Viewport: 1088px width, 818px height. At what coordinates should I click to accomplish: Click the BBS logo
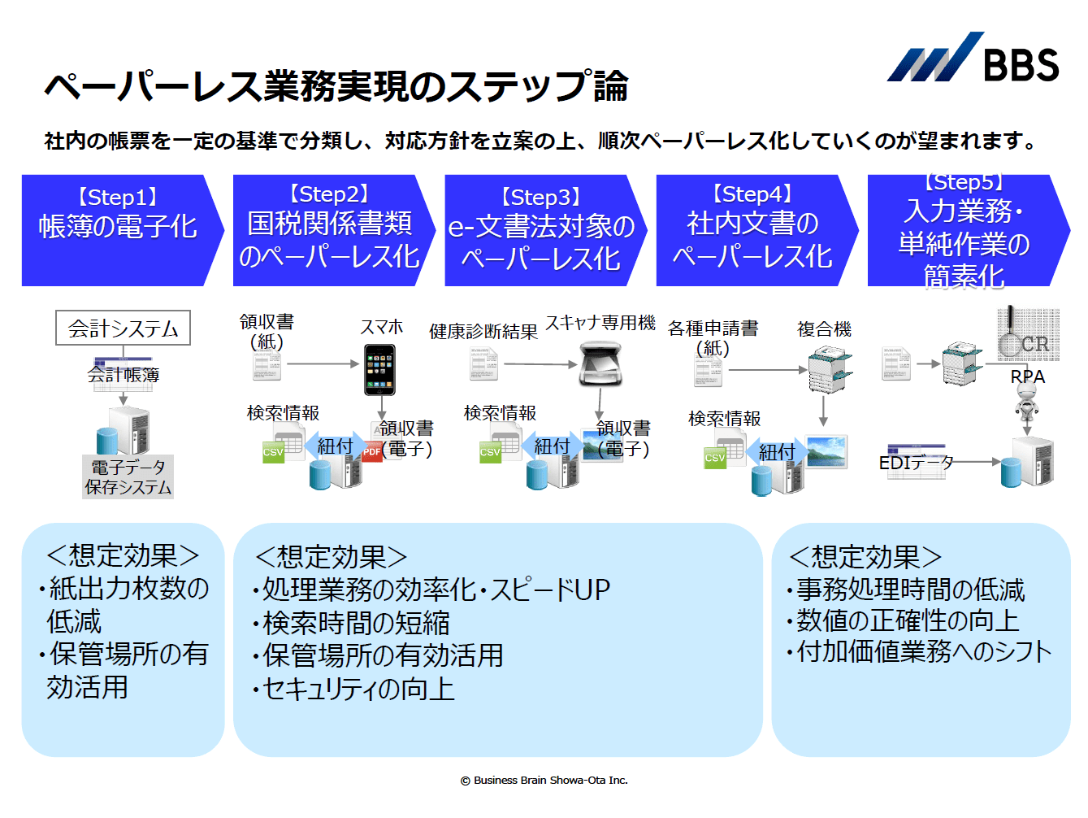click(x=973, y=59)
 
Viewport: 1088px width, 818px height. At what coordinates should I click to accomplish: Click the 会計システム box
click(x=123, y=329)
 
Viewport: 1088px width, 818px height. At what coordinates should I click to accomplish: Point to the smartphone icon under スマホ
click(x=379, y=370)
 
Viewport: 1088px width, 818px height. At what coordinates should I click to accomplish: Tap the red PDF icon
click(x=372, y=450)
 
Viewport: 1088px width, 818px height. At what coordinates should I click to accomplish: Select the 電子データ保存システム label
click(x=128, y=476)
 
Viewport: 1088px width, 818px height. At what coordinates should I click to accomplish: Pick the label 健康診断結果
click(x=483, y=331)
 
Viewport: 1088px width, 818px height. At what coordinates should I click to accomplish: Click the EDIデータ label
click(x=916, y=463)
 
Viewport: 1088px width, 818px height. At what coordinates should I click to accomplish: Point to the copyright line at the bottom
click(x=544, y=780)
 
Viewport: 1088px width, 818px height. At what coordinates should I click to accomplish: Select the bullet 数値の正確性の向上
click(x=907, y=620)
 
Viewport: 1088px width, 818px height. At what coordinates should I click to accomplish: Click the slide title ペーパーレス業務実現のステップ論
click(x=336, y=86)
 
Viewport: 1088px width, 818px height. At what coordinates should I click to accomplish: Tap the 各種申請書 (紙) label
click(x=713, y=337)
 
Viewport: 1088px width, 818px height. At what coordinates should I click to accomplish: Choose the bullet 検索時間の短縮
click(x=355, y=623)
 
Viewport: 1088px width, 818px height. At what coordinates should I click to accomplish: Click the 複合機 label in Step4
click(x=824, y=329)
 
